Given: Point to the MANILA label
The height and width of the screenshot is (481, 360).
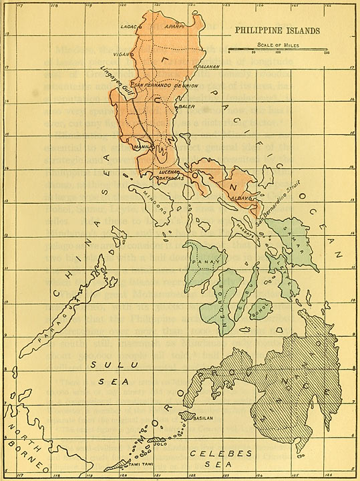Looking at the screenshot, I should point(141,146).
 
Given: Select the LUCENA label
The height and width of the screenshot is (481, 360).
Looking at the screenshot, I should point(166,172).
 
